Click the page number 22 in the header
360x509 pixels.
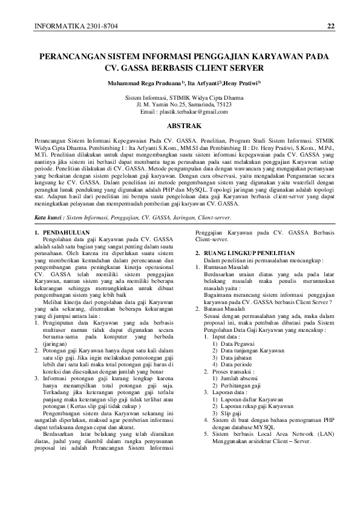click(330, 26)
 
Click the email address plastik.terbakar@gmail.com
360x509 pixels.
click(191, 112)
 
